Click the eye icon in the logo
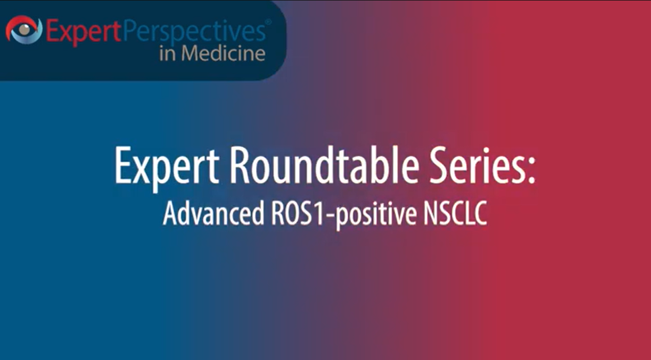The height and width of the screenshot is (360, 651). (24, 30)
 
